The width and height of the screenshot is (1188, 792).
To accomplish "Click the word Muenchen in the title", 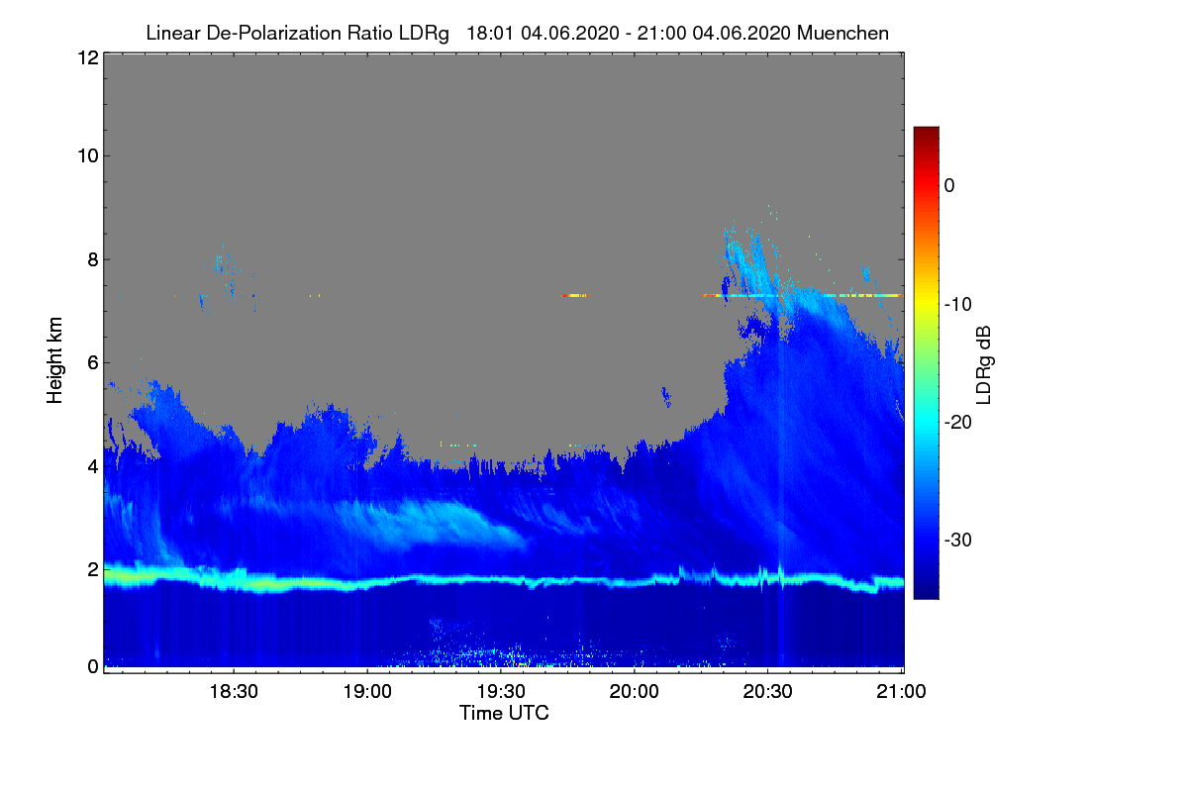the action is pos(842,33).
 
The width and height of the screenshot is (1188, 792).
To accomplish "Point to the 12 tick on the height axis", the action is pos(88,57).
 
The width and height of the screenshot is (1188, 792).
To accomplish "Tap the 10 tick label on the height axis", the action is pos(88,155).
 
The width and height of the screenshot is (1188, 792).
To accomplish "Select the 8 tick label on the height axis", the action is pos(93,259).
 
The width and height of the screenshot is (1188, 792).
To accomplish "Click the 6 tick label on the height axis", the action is pos(93,362).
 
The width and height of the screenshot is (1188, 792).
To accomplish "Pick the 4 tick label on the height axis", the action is pos(93,466).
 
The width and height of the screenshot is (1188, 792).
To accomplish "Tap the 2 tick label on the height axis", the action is pos(93,569).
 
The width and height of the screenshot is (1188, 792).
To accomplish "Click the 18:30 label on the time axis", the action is pos(234,691).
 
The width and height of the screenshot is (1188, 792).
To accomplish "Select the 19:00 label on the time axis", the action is pos(367,691).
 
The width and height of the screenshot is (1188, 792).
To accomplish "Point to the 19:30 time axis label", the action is pos(501,691).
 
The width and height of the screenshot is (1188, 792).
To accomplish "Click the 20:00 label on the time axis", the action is pos(635,691).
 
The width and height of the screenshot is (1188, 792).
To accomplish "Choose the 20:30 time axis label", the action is pos(767,691).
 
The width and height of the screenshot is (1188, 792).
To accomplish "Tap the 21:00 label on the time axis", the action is pos(901,691).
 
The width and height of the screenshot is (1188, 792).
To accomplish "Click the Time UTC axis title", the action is pos(504,713).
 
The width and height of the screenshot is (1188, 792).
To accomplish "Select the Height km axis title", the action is pos(54,360).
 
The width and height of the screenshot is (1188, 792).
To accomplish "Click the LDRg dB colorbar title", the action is pos(984,365).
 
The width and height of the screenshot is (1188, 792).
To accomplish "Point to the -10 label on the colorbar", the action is pos(958,304).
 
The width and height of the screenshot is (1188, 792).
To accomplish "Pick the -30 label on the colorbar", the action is pos(958,540).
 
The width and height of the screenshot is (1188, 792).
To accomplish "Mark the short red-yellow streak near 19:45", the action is pos(575,295).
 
